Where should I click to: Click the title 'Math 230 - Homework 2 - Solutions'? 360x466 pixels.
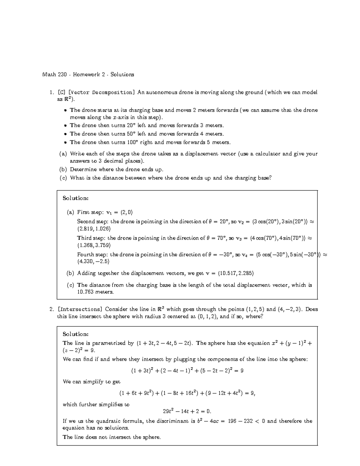(x=88, y=74)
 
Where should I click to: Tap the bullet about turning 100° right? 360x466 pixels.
(x=150, y=142)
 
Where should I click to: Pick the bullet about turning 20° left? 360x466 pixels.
(x=147, y=125)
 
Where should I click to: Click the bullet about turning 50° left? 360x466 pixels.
(x=147, y=134)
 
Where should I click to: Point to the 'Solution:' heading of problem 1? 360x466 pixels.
(x=76, y=198)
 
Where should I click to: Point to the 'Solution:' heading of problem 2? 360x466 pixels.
(x=76, y=334)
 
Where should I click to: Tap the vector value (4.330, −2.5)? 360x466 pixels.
(x=93, y=261)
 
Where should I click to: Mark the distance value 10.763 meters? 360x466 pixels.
(x=95, y=292)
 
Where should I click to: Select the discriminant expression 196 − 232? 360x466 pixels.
(x=240, y=421)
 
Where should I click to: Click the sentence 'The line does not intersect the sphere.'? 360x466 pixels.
(x=112, y=437)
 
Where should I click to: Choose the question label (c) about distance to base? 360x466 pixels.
(x=63, y=178)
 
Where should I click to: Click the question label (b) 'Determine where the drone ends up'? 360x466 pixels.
(x=63, y=170)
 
